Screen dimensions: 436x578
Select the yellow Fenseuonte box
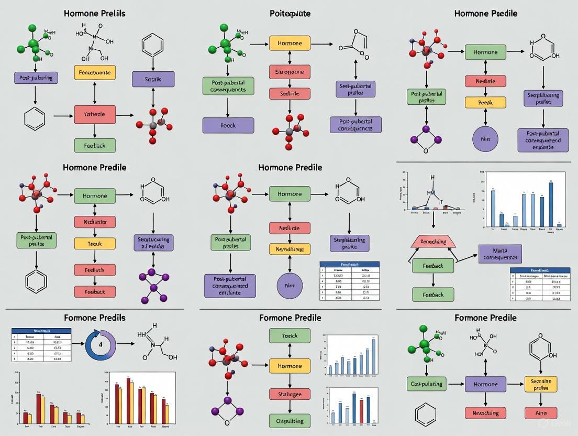coord(95,73)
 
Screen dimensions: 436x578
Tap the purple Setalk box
coord(152,80)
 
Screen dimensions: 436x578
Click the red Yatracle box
coord(95,114)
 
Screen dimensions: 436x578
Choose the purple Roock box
coord(228,125)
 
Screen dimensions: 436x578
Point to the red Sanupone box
coord(290,71)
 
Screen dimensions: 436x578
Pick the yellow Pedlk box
coord(485,103)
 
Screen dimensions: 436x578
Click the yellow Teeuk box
coord(95,243)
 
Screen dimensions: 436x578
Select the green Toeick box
coord(290,336)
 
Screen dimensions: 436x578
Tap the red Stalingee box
coord(290,395)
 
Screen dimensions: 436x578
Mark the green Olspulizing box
coord(290,420)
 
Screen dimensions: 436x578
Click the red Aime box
coord(541,412)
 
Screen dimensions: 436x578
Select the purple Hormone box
coord(485,384)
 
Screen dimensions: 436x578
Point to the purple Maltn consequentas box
coord(500,254)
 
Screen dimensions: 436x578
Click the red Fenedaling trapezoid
coord(433,242)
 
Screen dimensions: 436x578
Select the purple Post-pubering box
coord(36,78)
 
